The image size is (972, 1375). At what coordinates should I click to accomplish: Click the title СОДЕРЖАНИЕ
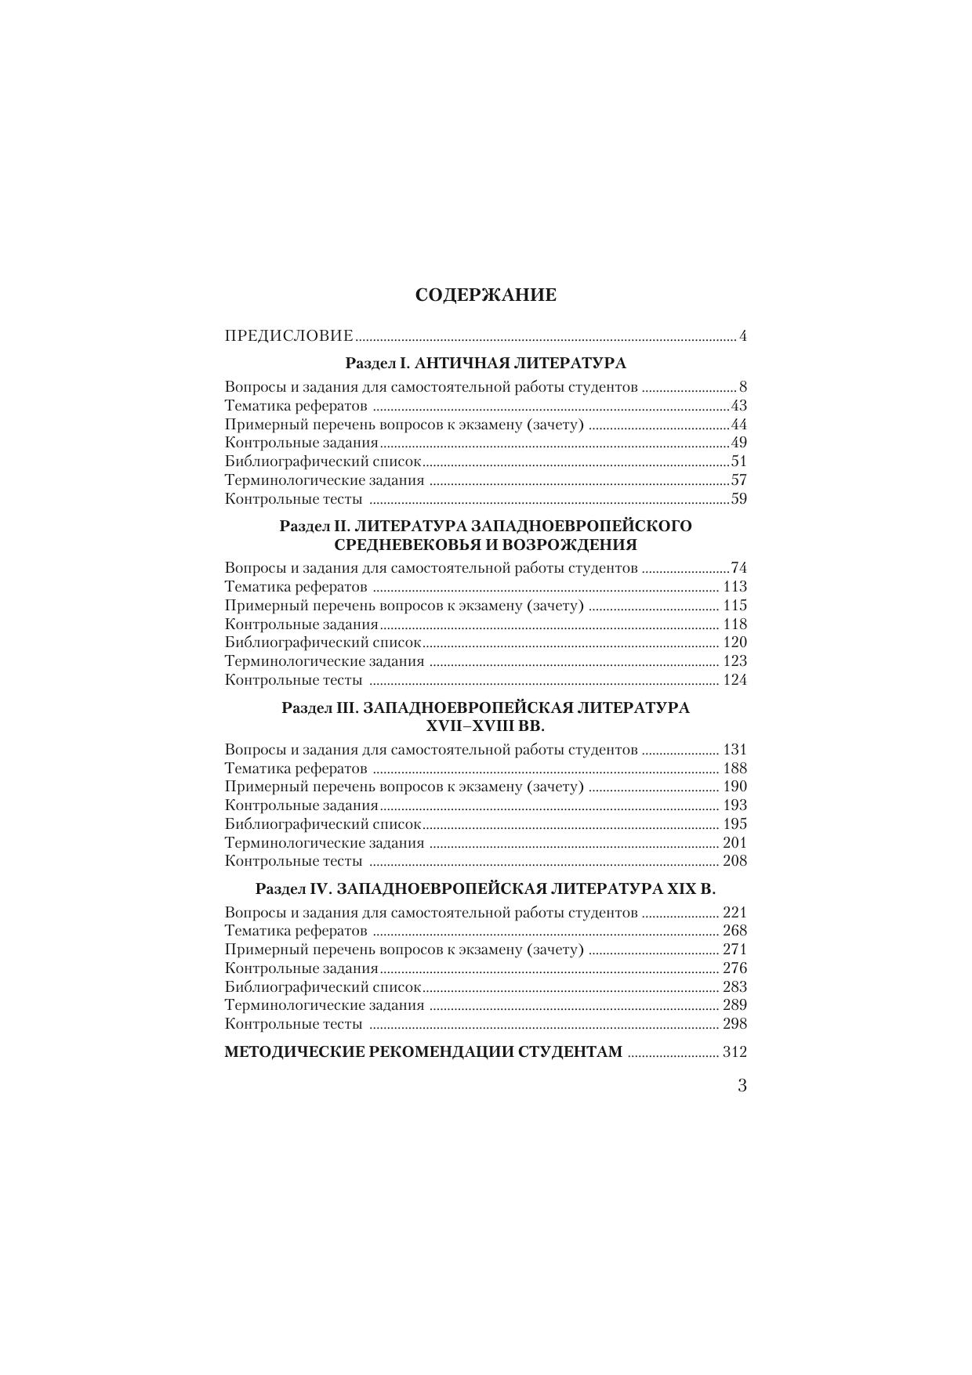tap(485, 295)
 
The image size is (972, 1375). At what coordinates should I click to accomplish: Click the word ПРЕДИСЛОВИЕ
tap(288, 336)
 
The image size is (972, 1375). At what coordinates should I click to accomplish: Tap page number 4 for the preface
tap(742, 337)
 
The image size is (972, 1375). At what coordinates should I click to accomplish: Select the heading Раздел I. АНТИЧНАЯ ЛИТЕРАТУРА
tap(485, 363)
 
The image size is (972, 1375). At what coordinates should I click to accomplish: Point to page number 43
tap(738, 406)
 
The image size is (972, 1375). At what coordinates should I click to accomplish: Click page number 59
tap(738, 499)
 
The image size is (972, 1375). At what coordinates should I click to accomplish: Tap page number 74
tap(738, 568)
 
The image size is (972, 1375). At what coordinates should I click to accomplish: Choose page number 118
tap(734, 624)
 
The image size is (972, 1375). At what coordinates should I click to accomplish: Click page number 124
tap(734, 680)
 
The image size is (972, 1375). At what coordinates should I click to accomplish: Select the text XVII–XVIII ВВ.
tap(485, 725)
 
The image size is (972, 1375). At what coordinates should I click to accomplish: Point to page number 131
tap(734, 750)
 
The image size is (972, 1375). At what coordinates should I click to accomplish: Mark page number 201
tap(734, 843)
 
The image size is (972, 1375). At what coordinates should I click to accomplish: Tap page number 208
tap(734, 861)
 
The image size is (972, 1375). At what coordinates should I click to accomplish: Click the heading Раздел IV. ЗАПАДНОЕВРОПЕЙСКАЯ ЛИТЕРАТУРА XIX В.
tap(485, 888)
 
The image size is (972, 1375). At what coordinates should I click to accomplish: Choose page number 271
tap(734, 950)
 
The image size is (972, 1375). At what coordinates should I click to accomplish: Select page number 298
tap(734, 1024)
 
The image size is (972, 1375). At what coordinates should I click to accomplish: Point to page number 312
tap(734, 1052)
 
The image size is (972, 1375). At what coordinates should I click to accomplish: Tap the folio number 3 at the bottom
tap(742, 1086)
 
